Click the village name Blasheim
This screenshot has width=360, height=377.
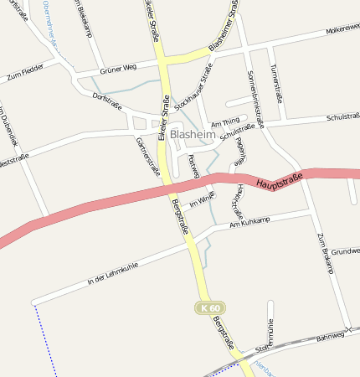click(x=193, y=134)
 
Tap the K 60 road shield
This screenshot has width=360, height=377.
click(x=209, y=308)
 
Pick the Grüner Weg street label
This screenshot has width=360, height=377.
click(x=117, y=70)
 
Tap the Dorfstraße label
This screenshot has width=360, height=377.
click(x=106, y=97)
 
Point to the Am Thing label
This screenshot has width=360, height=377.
click(x=225, y=123)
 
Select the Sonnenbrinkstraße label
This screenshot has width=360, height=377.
click(x=255, y=95)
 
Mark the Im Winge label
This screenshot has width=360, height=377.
click(x=203, y=199)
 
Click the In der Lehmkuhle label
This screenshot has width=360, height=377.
click(x=111, y=273)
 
